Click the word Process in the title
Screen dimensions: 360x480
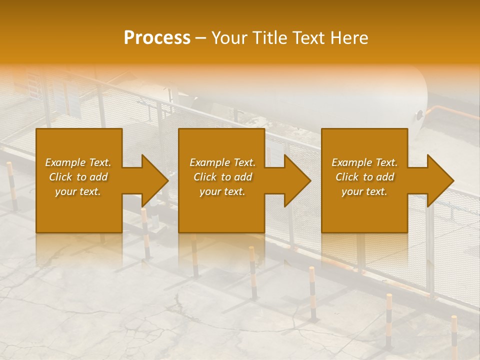coord(157,38)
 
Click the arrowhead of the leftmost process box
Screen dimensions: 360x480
coord(155,181)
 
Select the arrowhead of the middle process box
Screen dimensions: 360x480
coord(297,181)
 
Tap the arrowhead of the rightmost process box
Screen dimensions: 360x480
coord(440,181)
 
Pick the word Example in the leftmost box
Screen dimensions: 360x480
coord(65,162)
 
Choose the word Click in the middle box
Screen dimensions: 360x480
coord(205,177)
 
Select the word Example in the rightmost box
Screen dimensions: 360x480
coord(351,162)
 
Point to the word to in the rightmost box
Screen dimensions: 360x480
coord(368,177)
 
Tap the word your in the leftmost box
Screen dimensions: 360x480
coord(65,191)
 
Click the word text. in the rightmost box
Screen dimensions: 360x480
coord(376,191)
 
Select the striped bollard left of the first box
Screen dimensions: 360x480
coord(11,185)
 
